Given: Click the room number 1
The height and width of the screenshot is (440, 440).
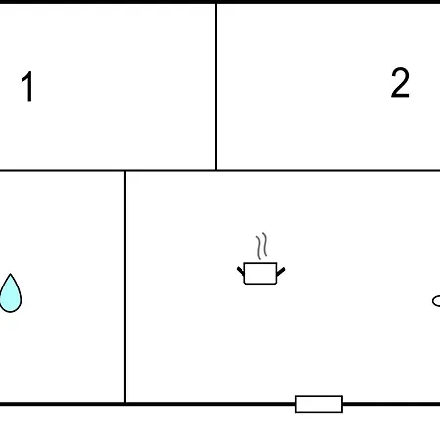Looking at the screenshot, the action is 27,86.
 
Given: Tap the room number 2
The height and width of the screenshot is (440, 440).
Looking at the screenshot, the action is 400,83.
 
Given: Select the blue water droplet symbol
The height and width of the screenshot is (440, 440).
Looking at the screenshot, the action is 10,293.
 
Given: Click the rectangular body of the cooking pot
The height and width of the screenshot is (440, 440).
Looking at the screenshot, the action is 260,274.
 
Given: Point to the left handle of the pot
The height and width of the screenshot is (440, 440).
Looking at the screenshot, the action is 241,271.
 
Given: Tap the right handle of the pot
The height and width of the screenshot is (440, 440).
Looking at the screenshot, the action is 281,272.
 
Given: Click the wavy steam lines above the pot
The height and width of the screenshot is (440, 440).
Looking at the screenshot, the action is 262,246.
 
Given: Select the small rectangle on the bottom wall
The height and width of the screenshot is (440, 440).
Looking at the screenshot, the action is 319,404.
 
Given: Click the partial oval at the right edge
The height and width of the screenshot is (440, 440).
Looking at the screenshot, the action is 436,301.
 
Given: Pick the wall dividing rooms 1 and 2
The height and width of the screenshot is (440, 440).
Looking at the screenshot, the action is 216,87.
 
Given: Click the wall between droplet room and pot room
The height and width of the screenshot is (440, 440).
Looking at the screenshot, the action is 125,286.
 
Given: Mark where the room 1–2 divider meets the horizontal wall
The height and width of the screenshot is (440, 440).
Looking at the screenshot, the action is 216,170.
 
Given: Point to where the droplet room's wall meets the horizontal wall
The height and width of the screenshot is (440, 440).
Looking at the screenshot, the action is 125,171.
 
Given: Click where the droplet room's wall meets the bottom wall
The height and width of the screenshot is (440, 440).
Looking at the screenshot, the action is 125,404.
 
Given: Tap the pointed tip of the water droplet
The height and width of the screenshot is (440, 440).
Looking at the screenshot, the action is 10,274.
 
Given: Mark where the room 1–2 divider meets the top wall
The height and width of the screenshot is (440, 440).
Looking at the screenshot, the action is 216,3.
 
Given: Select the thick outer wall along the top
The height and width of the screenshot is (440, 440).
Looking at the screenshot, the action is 220,2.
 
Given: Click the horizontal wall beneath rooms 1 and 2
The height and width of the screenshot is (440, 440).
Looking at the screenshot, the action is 220,170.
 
